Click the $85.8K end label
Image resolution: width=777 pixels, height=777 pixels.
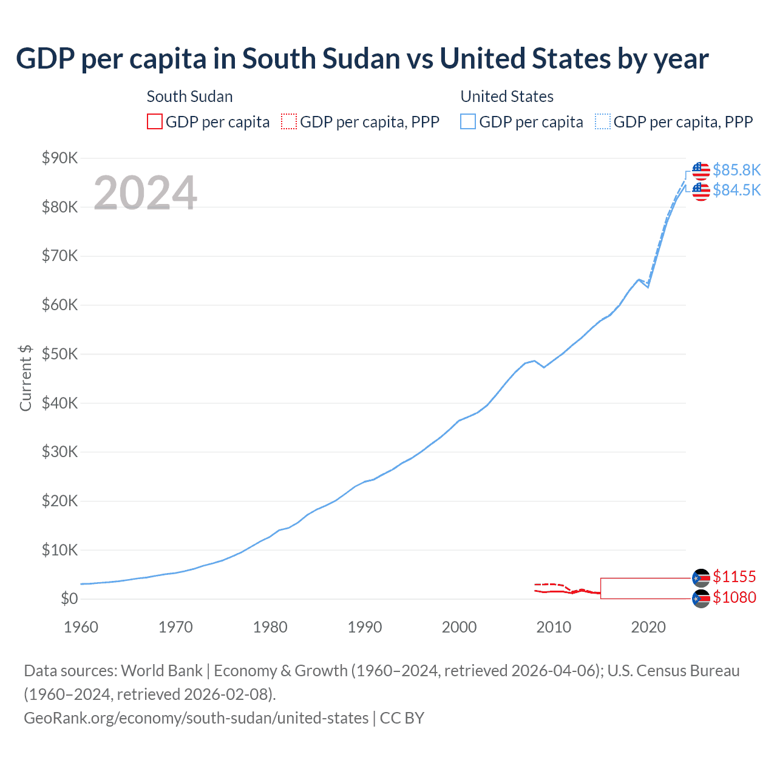pyautogui.click(x=736, y=170)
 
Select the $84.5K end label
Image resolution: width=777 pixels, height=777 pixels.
pyautogui.click(x=736, y=191)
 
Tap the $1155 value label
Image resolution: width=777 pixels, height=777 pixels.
pyautogui.click(x=735, y=577)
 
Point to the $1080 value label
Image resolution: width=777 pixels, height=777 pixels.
pyautogui.click(x=735, y=597)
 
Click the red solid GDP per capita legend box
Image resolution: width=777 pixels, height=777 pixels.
pyautogui.click(x=155, y=122)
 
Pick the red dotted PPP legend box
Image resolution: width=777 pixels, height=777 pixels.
pyautogui.click(x=289, y=122)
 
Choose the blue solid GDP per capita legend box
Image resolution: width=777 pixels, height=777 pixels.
pyautogui.click(x=468, y=122)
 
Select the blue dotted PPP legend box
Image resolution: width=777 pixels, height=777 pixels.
pyautogui.click(x=603, y=122)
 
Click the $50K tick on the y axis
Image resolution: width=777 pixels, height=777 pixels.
pyautogui.click(x=59, y=355)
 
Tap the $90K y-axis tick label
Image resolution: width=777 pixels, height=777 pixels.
pyautogui.click(x=59, y=158)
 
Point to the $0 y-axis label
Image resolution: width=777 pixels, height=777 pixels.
pyautogui.click(x=69, y=599)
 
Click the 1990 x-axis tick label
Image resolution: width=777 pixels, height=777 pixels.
pyautogui.click(x=364, y=627)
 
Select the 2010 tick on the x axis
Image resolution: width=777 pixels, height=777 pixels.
pyautogui.click(x=554, y=627)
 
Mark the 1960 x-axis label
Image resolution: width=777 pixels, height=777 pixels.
pyautogui.click(x=81, y=627)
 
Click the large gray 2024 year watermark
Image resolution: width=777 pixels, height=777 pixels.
pyautogui.click(x=145, y=193)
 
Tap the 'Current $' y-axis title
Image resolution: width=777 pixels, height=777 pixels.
pyautogui.click(x=25, y=378)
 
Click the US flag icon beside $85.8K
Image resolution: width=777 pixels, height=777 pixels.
pyautogui.click(x=701, y=171)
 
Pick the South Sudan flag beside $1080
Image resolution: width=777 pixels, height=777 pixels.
pyautogui.click(x=701, y=599)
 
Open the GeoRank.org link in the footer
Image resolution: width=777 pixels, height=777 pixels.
pyautogui.click(x=196, y=718)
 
